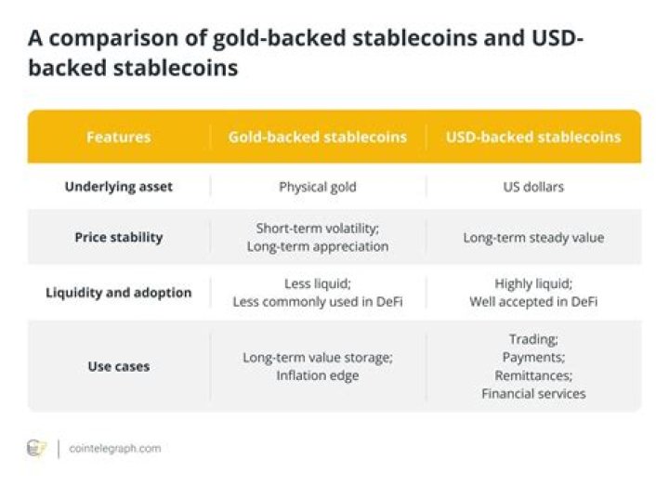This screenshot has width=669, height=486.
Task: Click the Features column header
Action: tap(119, 137)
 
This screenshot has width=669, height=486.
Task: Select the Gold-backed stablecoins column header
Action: tap(318, 137)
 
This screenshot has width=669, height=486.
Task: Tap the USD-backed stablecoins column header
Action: tap(533, 137)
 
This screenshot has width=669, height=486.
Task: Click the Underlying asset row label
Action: tap(119, 187)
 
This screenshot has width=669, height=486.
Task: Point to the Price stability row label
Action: tap(119, 237)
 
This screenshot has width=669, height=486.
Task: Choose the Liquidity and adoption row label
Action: tap(119, 293)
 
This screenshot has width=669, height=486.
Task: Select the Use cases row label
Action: tap(119, 366)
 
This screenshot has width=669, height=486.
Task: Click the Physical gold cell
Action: tap(318, 188)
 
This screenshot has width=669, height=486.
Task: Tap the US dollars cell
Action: tap(533, 187)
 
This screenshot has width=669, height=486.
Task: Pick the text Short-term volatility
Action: tap(317, 229)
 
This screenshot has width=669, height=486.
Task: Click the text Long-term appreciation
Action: tap(318, 246)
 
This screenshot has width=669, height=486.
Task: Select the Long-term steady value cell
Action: tap(533, 238)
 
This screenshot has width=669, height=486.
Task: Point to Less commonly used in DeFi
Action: tap(318, 302)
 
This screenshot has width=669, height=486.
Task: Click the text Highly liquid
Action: tap(532, 283)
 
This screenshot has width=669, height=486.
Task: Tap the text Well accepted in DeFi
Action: tap(533, 302)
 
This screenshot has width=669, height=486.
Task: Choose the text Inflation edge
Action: tap(318, 376)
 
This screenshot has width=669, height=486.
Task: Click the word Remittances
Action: tap(532, 376)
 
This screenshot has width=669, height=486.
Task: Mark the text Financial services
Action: tap(533, 394)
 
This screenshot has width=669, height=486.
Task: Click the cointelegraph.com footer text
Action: tap(115, 449)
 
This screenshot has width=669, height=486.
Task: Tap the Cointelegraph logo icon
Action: tap(36, 449)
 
